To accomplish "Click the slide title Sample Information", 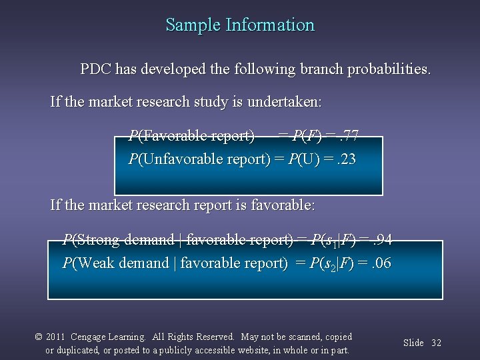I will tap(240, 25).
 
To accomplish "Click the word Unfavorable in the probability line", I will tap(173, 159).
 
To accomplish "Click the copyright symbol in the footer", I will tap(39, 337).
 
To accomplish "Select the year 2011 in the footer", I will tap(55, 337).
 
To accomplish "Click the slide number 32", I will tap(437, 343).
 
